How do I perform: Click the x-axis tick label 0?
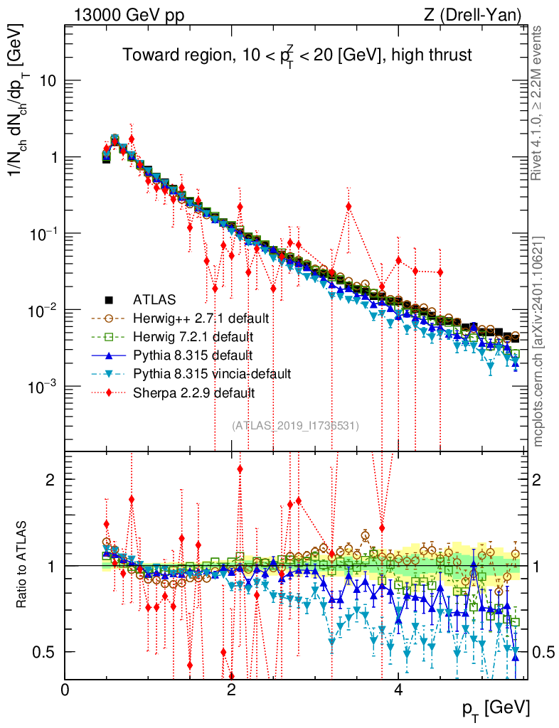pyautogui.click(x=65, y=690)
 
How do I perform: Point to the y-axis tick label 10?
pyautogui.click(x=48, y=81)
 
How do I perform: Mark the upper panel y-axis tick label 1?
pyautogui.click(x=53, y=157)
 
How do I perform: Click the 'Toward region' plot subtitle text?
pyautogui.click(x=297, y=55)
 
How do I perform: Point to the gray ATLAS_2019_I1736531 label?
pyautogui.click(x=295, y=426)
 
